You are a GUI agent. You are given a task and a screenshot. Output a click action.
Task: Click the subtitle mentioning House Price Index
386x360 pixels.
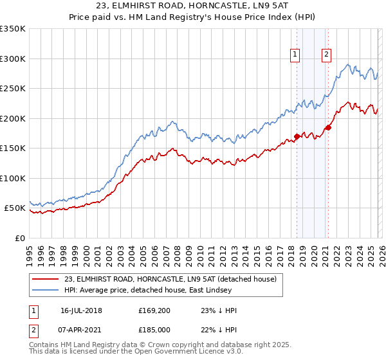(193, 17)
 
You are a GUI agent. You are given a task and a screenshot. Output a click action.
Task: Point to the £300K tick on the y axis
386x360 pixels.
(13, 59)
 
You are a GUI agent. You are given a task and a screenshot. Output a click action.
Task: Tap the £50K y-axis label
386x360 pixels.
(15, 208)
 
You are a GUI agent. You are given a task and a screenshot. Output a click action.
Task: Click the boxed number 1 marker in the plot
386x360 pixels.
(295, 55)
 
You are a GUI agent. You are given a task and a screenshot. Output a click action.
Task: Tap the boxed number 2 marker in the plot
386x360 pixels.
(326, 55)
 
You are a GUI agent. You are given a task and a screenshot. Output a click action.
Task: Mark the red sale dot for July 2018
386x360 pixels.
(297, 136)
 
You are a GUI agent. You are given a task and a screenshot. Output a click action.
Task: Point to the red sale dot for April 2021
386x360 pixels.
(327, 127)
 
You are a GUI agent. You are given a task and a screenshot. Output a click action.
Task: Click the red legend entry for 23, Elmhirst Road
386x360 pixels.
(170, 279)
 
